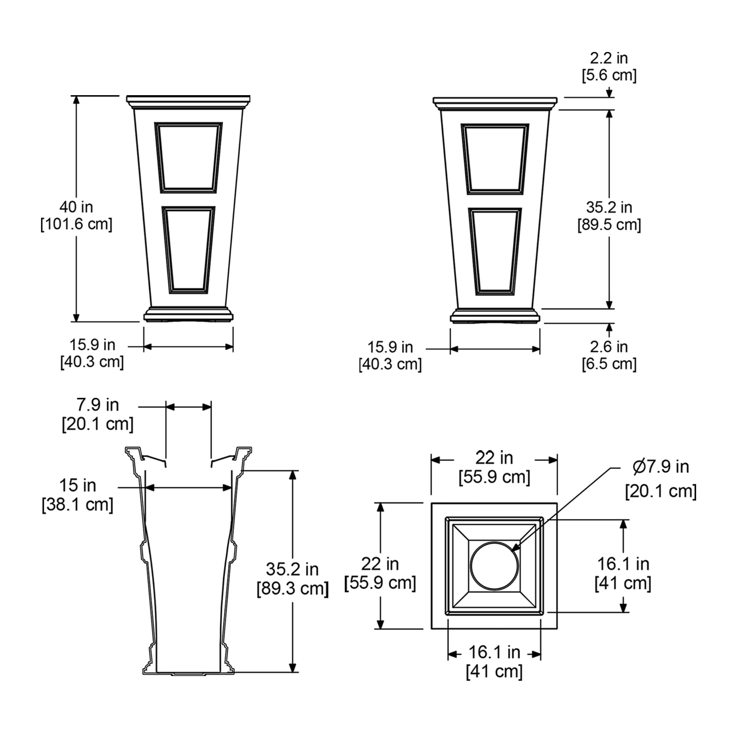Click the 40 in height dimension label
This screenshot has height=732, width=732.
[76, 207]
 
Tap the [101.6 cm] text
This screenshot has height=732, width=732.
[76, 224]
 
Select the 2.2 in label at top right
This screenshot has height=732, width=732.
[609, 58]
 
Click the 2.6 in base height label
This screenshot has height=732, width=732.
[609, 347]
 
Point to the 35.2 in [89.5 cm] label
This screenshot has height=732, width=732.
[609, 216]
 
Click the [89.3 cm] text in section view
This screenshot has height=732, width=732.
[292, 589]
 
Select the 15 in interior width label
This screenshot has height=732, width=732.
[78, 485]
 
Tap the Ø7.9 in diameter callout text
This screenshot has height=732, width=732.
[660, 467]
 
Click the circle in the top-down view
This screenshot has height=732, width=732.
[494, 566]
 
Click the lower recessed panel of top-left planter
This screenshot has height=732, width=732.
[188, 250]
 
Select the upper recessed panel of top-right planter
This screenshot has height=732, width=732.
[495, 158]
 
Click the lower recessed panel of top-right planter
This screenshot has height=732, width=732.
[495, 251]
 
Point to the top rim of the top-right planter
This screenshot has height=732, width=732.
[495, 101]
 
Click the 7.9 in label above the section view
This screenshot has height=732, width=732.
[98, 405]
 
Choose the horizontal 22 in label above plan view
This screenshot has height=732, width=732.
[494, 458]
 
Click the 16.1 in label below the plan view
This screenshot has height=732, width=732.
[494, 653]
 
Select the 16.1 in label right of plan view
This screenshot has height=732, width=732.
[623, 564]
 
